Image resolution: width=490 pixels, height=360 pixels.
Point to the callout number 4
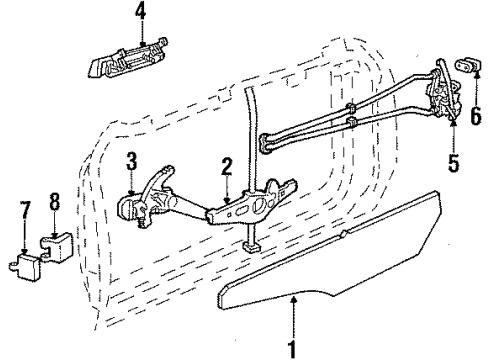coord(141,13)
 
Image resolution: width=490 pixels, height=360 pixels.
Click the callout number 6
coord(476,115)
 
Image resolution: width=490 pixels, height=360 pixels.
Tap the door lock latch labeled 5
coord(441,95)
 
